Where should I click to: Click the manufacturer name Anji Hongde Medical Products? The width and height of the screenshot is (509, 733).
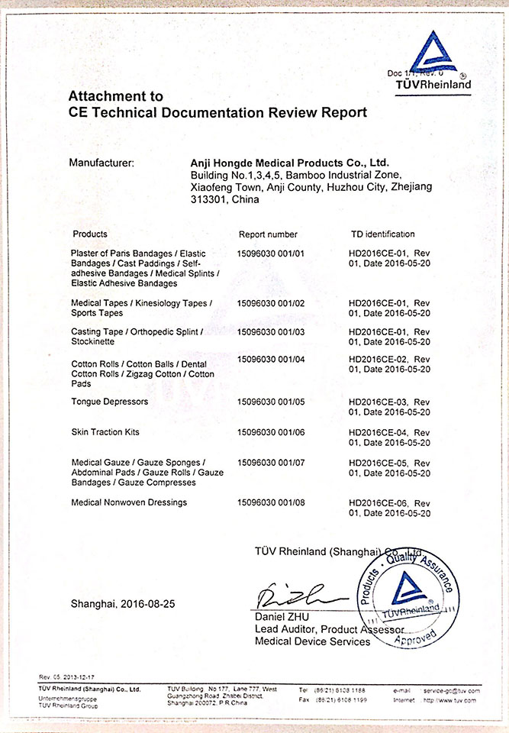coord(289,163)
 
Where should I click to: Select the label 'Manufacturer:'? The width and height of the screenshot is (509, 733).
coord(101,163)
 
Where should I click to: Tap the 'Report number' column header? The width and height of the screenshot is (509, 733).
coord(268,234)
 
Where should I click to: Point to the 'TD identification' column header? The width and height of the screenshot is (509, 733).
coord(382,234)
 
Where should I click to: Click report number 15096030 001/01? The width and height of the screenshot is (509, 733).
coord(271,253)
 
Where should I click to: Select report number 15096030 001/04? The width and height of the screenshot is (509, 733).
coord(271,358)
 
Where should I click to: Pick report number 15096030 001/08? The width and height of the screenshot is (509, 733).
coord(271,502)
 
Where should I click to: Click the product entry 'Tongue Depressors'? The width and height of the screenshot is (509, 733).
coord(109,401)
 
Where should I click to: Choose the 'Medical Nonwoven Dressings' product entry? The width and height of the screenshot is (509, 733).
coord(129,502)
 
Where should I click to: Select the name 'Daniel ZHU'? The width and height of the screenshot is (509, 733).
coord(283,616)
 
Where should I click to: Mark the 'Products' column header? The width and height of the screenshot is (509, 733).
coord(90,234)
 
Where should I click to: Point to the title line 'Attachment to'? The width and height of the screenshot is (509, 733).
coord(115,96)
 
